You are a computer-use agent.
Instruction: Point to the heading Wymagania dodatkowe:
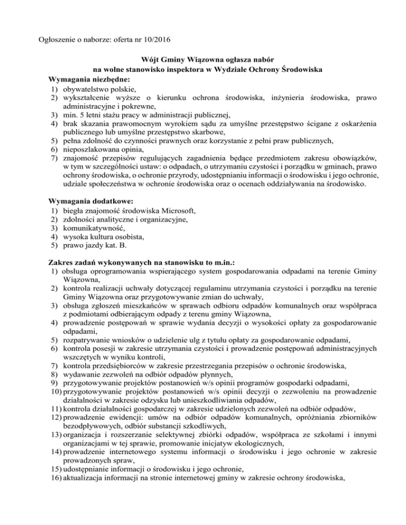(x=85, y=201)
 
